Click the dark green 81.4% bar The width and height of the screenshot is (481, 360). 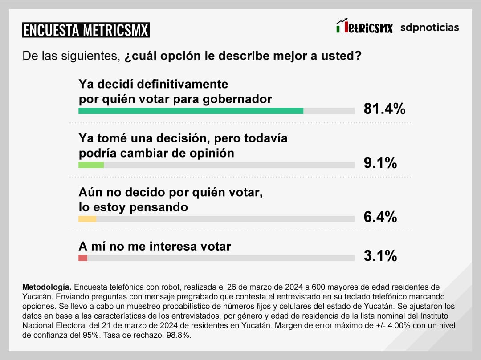coord(191,111)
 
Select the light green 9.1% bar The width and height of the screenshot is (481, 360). coord(91,165)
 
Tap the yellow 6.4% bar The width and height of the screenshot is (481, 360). coord(87,219)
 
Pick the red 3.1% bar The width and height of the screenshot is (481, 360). coord(83,258)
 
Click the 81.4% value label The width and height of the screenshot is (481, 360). coord(384,109)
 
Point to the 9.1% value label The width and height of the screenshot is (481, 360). coord(380,163)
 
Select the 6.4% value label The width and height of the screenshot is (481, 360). coord(380,217)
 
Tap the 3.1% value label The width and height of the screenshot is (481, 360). coord(380,256)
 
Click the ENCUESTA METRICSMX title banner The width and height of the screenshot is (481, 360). coord(86,30)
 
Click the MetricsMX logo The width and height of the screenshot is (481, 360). coord(364,27)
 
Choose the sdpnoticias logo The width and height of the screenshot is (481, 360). coord(429,28)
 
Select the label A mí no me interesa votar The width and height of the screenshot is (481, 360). coord(155,246)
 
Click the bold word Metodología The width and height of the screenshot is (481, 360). coord(46,286)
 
